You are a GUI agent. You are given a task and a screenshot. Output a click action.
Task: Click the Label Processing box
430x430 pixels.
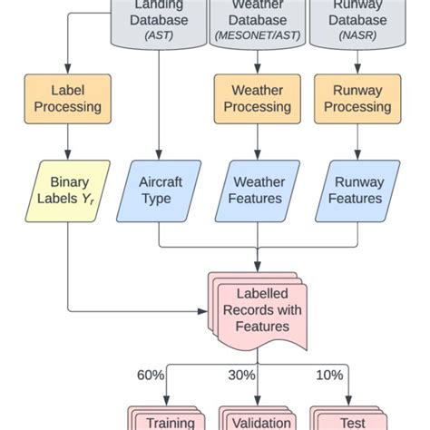point(68,98)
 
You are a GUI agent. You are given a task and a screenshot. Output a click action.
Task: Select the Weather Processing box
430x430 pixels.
point(257,98)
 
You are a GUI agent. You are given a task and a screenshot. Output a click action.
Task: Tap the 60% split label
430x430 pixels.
point(151,375)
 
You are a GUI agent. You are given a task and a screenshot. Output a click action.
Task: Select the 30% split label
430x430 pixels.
point(240,375)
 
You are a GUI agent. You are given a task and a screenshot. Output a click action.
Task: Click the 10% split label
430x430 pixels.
point(329,375)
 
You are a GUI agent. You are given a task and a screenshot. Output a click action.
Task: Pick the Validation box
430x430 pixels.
point(260,419)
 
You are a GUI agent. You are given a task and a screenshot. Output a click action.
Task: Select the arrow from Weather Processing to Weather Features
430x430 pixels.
point(257,142)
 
